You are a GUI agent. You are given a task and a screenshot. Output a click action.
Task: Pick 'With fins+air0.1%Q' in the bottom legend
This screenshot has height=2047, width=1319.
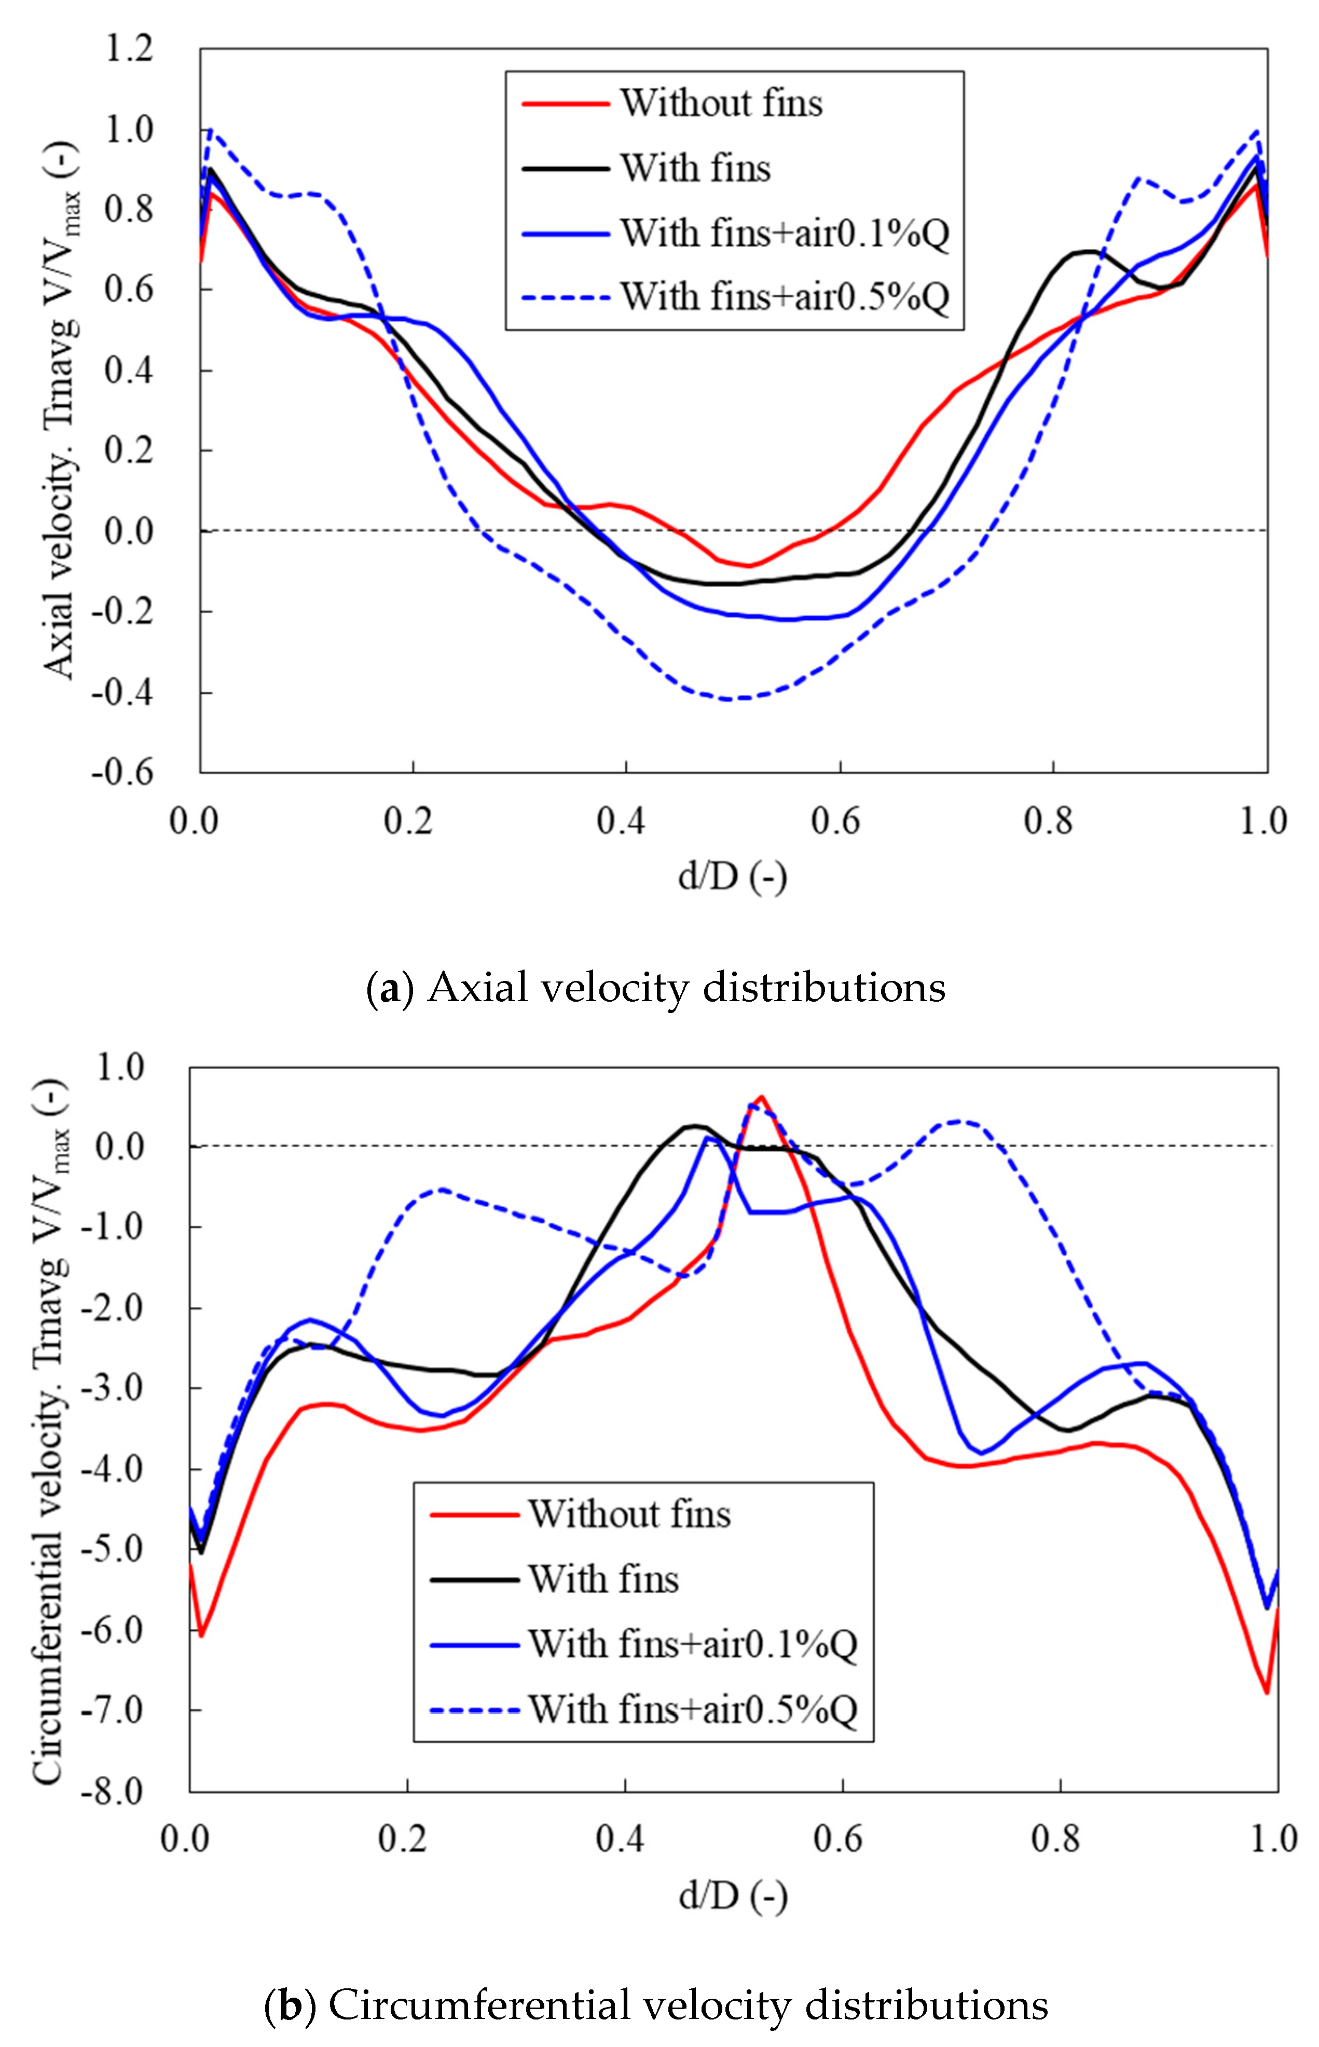click(692, 1644)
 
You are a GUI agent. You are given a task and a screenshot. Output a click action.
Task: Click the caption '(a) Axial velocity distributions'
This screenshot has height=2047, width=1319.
click(656, 988)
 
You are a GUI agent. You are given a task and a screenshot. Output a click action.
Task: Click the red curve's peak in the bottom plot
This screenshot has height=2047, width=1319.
click(761, 1097)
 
